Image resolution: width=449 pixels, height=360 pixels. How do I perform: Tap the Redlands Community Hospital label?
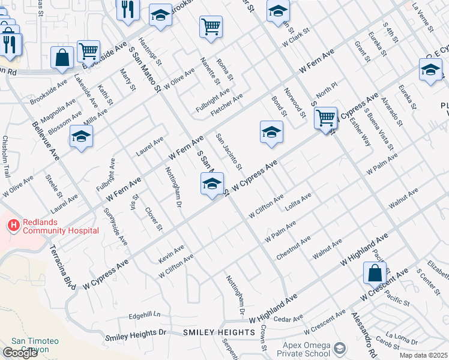point(61,226)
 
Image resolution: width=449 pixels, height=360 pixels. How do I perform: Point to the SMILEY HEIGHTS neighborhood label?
point(218,332)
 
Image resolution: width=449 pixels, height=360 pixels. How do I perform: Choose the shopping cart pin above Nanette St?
point(211,27)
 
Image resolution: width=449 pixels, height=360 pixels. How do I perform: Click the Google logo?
point(20,353)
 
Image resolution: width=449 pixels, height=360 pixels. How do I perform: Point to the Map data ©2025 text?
point(423,355)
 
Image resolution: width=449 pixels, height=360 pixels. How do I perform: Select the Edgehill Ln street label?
point(145,314)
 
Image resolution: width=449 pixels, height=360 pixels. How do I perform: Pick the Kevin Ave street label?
point(170,253)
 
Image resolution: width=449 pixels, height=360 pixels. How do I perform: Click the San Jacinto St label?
point(229,151)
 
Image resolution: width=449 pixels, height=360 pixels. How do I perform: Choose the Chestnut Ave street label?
point(293,248)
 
